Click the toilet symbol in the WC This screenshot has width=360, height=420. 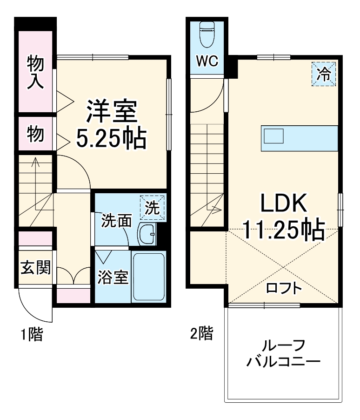(206, 34)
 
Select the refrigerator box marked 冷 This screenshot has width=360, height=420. (323, 74)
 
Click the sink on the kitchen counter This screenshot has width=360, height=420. (274, 136)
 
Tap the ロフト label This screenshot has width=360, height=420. (284, 288)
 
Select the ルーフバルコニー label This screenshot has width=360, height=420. (284, 354)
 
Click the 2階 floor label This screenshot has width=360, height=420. (201, 333)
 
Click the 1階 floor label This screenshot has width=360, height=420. (31, 334)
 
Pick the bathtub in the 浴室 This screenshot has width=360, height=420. (148, 277)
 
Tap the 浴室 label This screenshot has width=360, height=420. (113, 278)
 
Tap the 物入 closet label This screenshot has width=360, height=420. (35, 72)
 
